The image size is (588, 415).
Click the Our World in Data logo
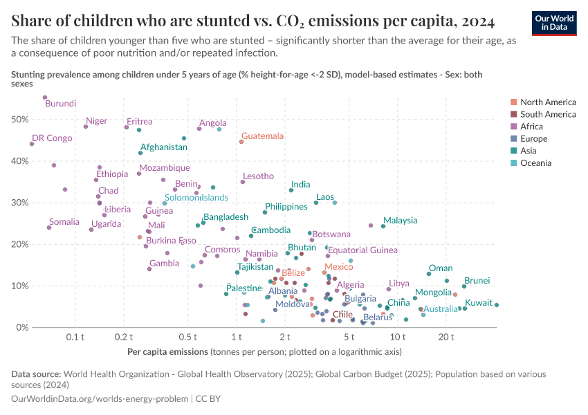tap(553, 22)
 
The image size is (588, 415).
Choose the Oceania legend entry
tap(535, 163)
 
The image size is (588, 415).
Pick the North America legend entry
tap(547, 102)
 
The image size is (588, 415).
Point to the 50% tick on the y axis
tap(19, 120)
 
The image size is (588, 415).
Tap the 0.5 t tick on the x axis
tap(188, 337)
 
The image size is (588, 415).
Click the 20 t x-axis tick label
tap(446, 337)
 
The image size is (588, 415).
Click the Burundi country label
tap(60, 104)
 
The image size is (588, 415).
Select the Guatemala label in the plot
tap(262, 136)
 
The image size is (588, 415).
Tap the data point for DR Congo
tap(32, 144)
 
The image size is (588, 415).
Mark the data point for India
tap(291, 190)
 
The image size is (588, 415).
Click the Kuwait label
tap(479, 303)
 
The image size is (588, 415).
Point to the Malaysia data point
tap(383, 226)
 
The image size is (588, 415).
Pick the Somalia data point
tap(49, 228)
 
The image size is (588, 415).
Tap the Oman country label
tap(441, 268)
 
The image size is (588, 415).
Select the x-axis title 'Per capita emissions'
tap(168, 352)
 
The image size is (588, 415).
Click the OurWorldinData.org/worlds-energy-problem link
tap(100, 399)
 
